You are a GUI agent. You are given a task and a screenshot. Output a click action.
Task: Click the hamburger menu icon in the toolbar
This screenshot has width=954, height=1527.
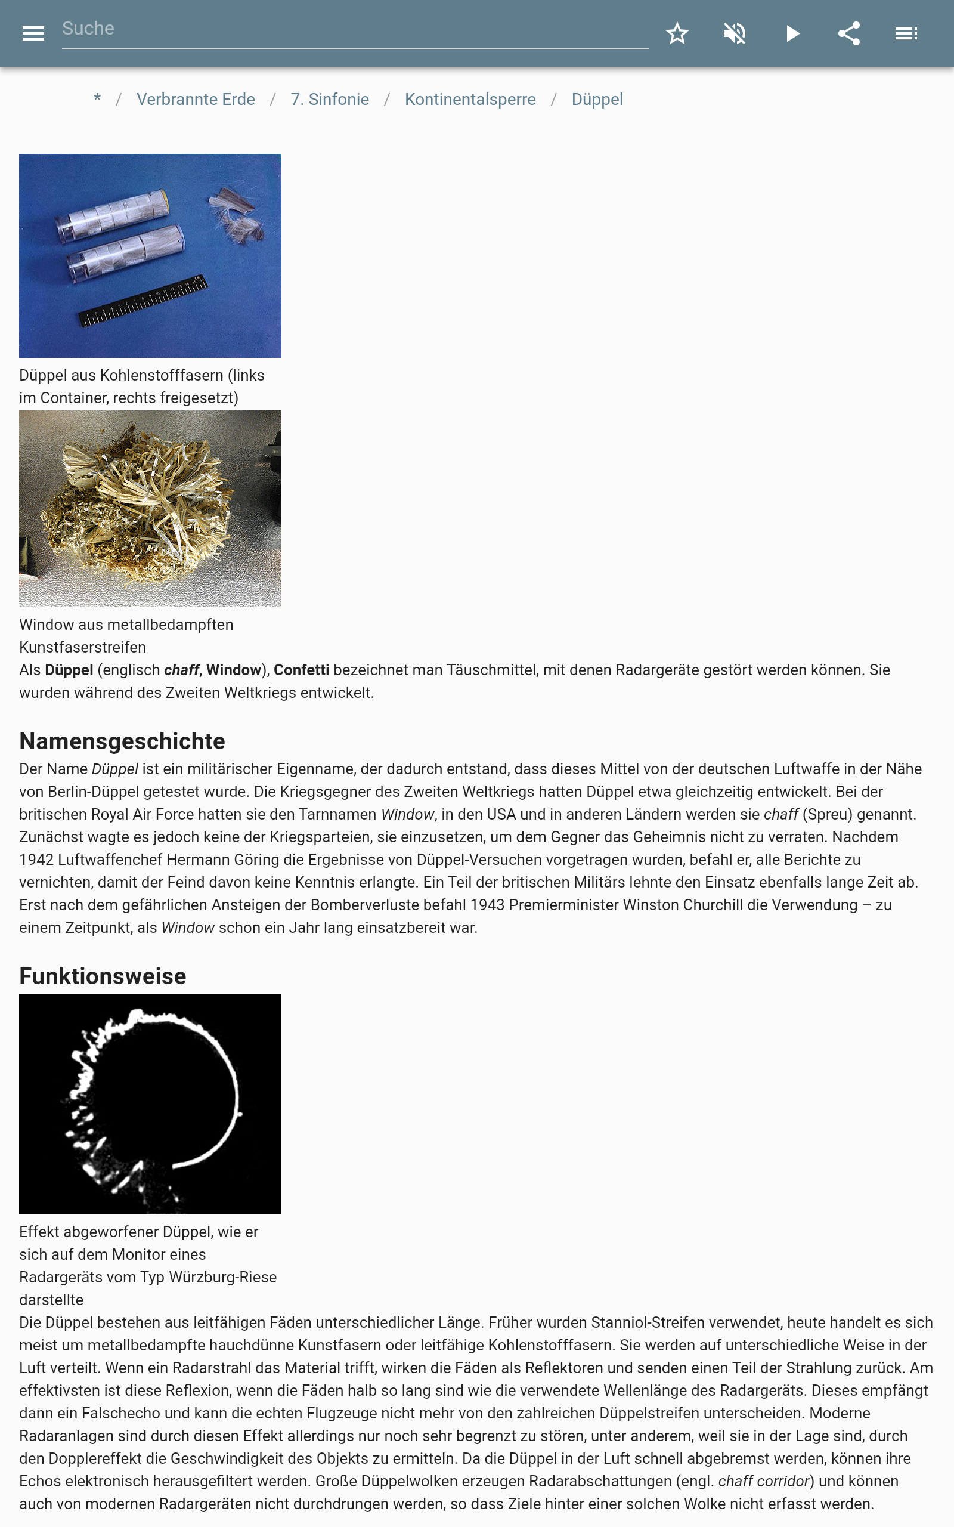[33, 33]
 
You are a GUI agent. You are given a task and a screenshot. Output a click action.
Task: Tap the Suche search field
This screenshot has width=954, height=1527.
[354, 29]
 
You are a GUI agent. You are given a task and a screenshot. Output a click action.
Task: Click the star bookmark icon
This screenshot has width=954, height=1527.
[677, 33]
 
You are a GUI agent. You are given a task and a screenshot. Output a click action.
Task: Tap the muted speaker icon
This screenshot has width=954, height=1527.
[735, 33]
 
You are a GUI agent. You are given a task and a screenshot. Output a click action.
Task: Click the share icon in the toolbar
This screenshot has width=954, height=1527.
[848, 33]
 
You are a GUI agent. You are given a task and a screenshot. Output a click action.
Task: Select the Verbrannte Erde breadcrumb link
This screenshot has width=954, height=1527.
[196, 100]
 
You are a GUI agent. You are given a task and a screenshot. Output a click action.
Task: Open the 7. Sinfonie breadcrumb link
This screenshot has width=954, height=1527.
[329, 100]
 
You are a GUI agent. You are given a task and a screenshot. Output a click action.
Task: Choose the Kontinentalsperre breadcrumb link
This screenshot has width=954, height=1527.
[470, 100]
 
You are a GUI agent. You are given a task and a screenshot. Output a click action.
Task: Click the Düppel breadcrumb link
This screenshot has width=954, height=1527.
[597, 100]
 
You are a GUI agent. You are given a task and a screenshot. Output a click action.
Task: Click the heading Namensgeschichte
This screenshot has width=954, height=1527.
[122, 741]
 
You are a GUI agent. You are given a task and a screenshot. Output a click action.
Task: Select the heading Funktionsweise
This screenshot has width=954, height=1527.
[102, 976]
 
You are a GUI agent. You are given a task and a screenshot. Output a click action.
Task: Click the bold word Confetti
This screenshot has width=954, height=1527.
[301, 670]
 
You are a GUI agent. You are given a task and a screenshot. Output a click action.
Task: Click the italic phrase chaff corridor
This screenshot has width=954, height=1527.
[763, 1481]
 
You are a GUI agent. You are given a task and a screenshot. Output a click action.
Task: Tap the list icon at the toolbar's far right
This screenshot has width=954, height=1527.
[906, 33]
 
